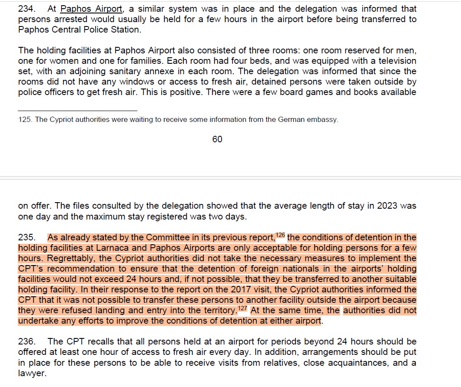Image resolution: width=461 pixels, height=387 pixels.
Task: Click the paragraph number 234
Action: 26,9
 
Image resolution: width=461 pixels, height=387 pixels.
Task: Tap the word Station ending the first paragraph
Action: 127,30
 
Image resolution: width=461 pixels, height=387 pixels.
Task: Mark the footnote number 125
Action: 25,120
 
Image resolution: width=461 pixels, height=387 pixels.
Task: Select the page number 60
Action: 217,139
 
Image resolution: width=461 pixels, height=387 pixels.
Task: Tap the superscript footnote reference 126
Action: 280,235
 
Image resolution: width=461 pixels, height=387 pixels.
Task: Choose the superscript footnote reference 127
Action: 242,308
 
